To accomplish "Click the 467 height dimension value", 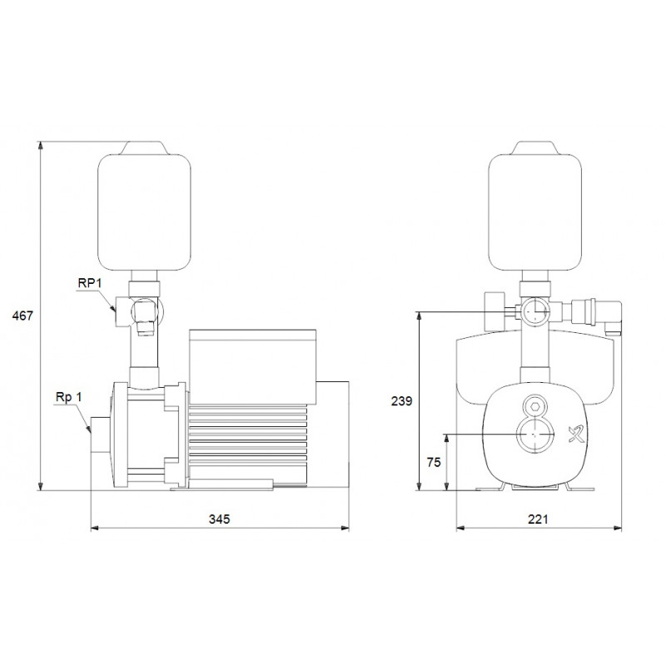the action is click(x=22, y=316).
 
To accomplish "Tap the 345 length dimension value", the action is click(x=219, y=519).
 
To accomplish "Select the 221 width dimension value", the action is click(x=538, y=519).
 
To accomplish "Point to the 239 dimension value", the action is click(x=401, y=401).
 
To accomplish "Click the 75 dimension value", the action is click(x=434, y=463).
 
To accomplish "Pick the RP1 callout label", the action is click(x=90, y=283).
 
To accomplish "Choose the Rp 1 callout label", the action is click(x=68, y=397).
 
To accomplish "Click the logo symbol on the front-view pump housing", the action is click(x=577, y=435).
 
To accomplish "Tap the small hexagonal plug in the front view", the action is click(x=535, y=406).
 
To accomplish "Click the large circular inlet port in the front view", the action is click(x=535, y=435).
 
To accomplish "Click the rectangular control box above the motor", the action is click(x=253, y=366).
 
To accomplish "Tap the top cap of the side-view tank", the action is click(x=144, y=147).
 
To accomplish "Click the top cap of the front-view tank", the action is click(x=534, y=147).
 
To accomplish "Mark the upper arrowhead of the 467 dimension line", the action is click(x=41, y=145).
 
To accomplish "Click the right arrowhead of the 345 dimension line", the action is click(x=345, y=529).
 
